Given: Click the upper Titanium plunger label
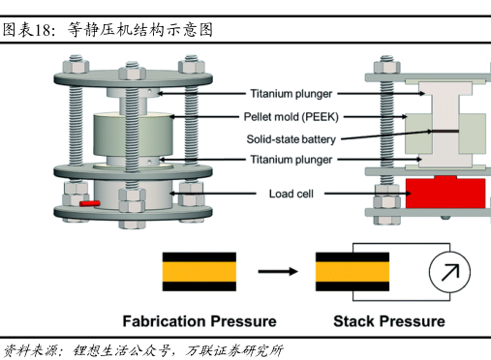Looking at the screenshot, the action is (292, 94).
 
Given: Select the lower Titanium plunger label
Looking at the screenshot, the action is (292, 160).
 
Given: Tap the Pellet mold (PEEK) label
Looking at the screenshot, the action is (291, 117).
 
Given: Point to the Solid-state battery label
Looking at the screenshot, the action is (291, 139).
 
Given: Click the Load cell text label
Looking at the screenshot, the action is (292, 194).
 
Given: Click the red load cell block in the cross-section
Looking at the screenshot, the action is (445, 193).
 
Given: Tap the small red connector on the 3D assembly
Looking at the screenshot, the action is (90, 203).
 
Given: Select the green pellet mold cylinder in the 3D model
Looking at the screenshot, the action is (133, 135).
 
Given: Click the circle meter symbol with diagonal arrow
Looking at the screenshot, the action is (449, 272).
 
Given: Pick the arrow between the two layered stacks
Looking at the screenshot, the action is (278, 271).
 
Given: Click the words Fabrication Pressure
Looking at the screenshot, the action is (199, 321).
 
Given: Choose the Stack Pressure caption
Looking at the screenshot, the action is (389, 321).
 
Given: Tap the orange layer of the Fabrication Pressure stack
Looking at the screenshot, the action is (199, 272).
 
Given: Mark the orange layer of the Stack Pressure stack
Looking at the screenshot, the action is (353, 272).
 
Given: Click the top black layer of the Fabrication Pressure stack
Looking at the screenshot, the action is (199, 257).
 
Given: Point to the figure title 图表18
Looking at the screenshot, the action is (26, 30).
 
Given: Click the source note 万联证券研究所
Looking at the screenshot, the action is (234, 351).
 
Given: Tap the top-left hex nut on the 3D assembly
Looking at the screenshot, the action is (76, 66).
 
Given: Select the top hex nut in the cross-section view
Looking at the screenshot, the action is (386, 67).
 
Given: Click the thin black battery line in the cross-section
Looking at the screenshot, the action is (445, 131).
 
